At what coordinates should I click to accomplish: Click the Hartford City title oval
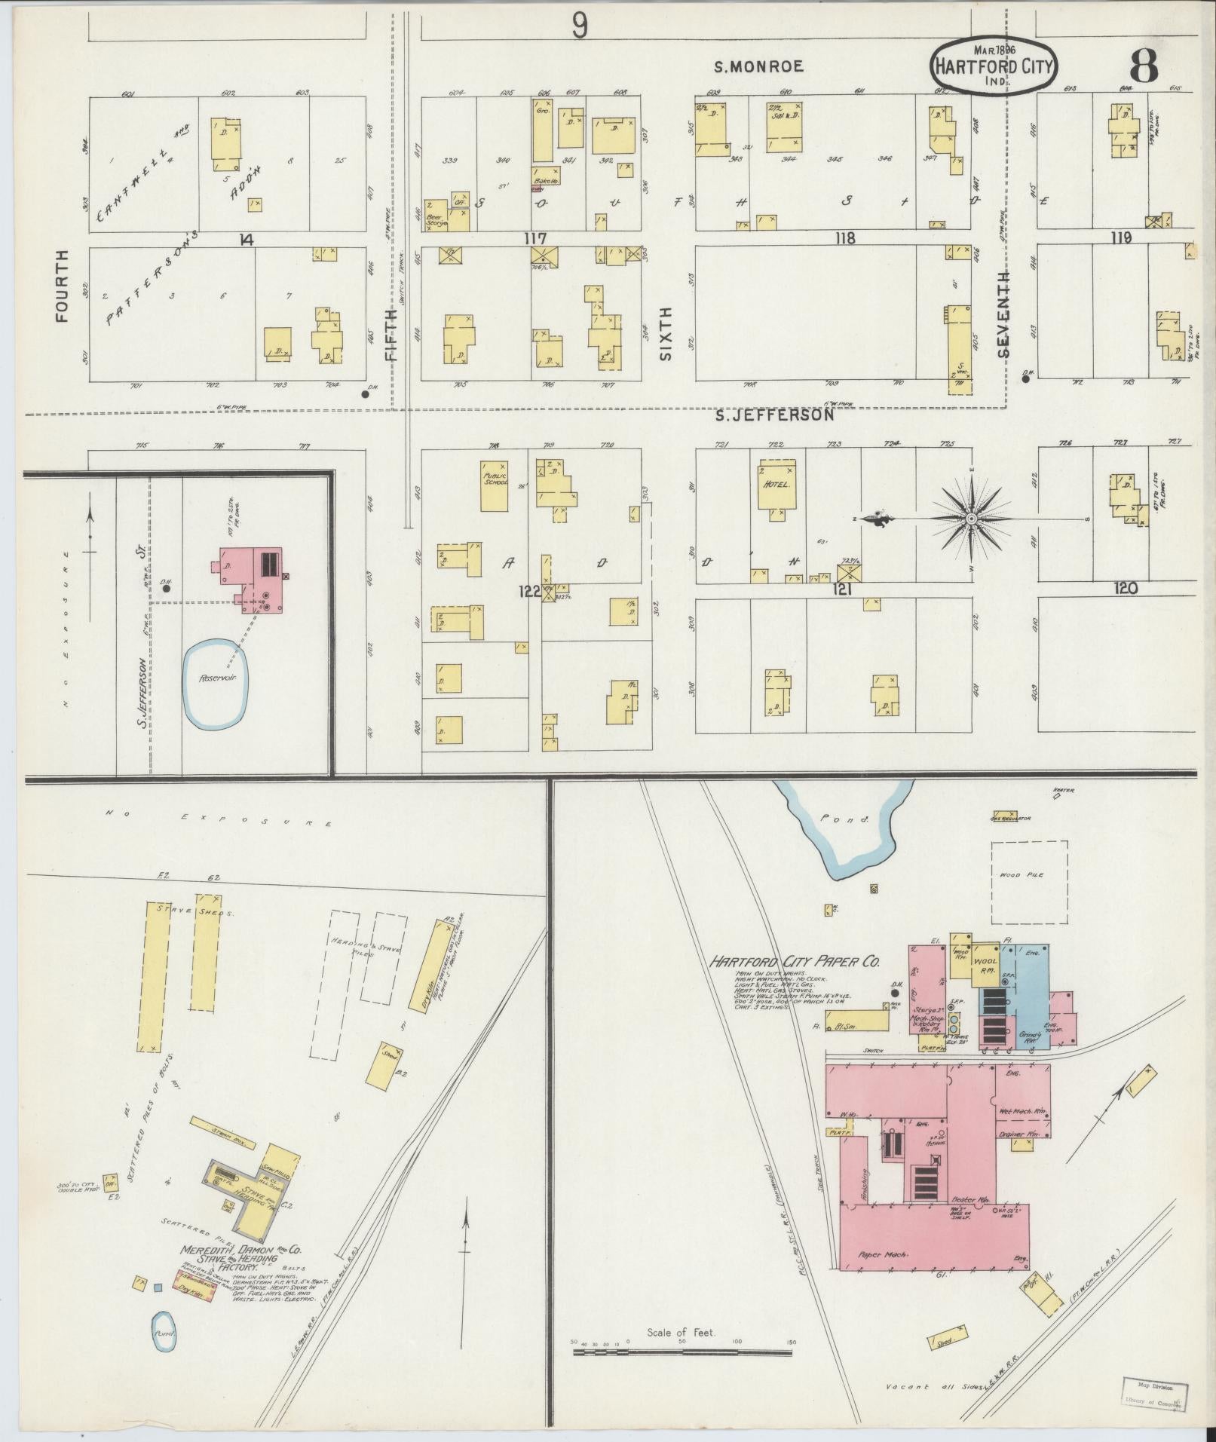(x=994, y=66)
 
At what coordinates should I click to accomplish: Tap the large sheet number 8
(x=1144, y=68)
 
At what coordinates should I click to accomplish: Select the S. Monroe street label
(x=758, y=66)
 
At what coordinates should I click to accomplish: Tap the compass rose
(x=971, y=519)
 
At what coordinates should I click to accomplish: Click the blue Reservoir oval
(x=216, y=684)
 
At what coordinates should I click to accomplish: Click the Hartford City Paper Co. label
(x=794, y=962)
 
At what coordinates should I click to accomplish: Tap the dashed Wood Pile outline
(x=1028, y=882)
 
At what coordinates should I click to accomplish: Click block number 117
(x=536, y=238)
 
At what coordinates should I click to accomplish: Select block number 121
(x=841, y=589)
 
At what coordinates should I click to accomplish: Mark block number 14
(x=245, y=240)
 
